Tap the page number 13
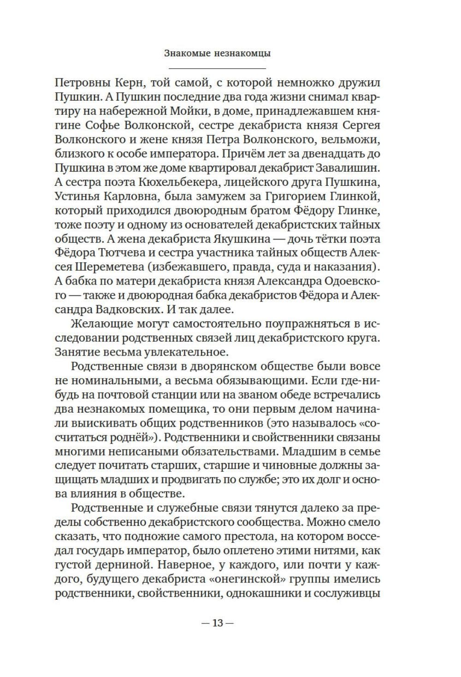click(218, 624)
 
